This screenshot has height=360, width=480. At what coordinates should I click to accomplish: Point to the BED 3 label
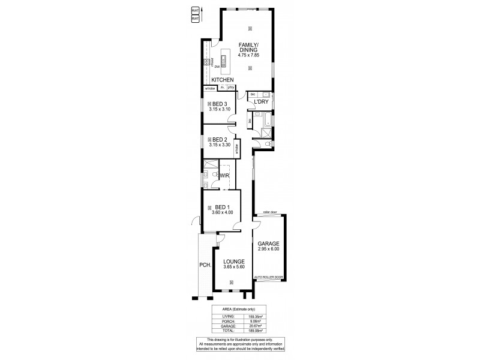(x=219, y=104)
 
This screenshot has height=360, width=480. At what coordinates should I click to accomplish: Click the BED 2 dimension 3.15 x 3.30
(x=219, y=145)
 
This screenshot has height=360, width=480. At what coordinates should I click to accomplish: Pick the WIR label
(x=224, y=176)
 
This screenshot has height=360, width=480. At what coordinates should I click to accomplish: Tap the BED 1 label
(x=221, y=206)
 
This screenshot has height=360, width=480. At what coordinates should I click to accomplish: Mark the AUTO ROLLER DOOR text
(x=268, y=277)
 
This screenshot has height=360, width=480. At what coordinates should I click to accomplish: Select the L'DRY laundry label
(x=260, y=102)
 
